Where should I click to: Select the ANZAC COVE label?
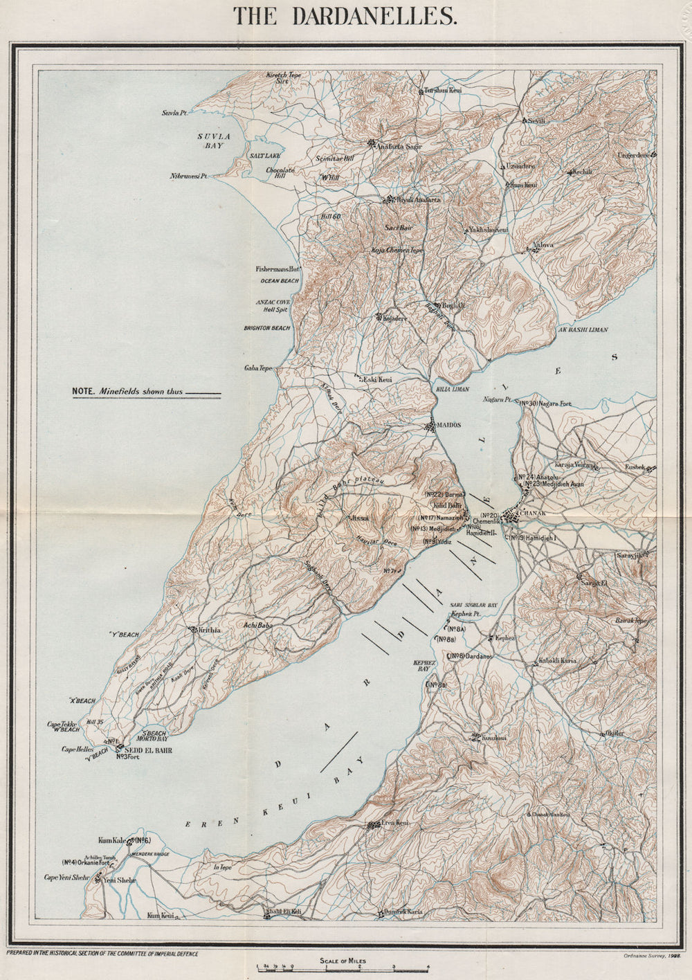274,302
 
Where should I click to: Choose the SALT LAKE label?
265,156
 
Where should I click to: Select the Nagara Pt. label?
498,401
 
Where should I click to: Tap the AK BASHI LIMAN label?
583,330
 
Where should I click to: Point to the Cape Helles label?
76,749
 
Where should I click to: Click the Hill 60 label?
331,217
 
